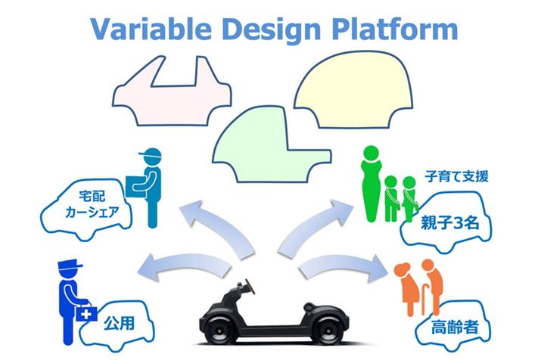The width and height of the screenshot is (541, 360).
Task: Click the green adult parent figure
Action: pyautogui.click(x=372, y=185)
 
